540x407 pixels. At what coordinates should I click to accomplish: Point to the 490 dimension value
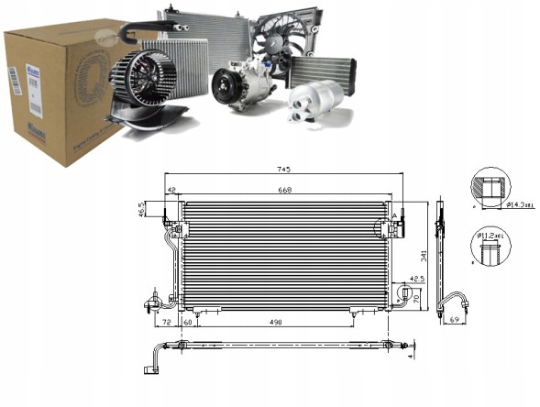(276, 324)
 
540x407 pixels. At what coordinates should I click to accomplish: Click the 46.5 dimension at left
(142, 210)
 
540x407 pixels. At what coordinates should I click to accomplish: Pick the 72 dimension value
(167, 324)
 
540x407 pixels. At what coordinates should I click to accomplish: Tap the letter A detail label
(396, 215)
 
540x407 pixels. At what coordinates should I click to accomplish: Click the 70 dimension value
(417, 299)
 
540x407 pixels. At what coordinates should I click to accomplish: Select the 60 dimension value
(188, 324)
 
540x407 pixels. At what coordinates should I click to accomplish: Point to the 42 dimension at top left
(171, 191)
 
